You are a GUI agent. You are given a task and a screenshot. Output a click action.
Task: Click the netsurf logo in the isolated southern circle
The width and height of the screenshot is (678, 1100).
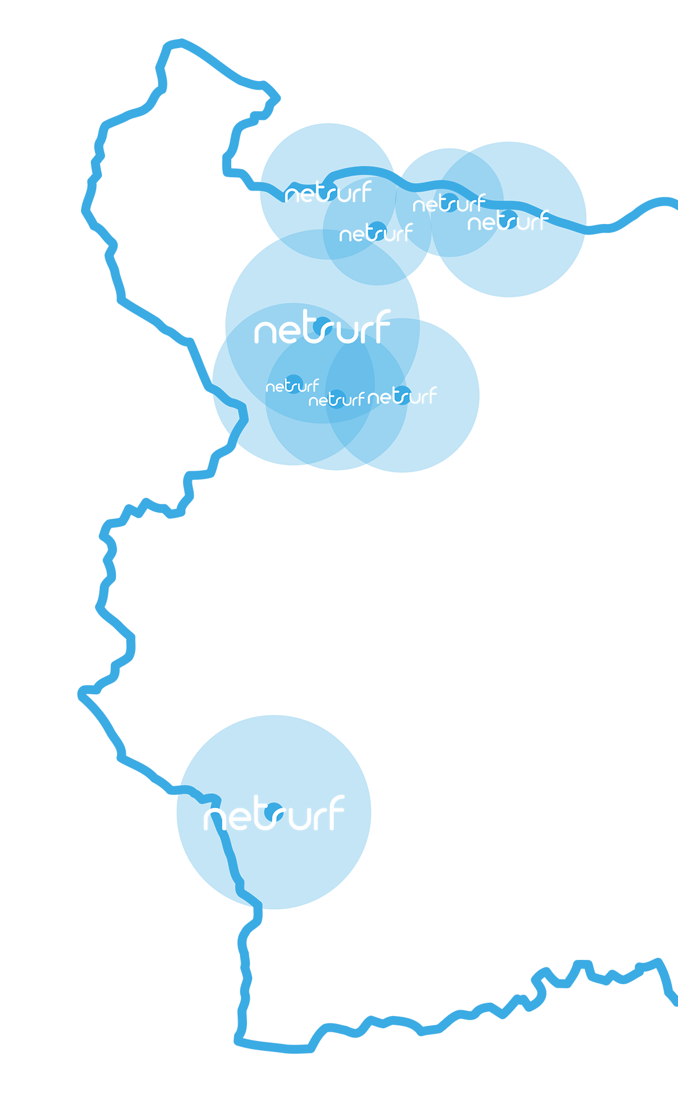click(x=274, y=813)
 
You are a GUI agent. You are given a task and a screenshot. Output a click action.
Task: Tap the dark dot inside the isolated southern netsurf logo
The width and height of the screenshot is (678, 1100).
click(x=273, y=812)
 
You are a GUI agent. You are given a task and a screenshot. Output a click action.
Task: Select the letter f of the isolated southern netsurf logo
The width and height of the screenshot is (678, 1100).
click(x=336, y=812)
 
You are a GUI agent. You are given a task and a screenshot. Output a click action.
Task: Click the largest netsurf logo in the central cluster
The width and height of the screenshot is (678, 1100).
click(x=322, y=327)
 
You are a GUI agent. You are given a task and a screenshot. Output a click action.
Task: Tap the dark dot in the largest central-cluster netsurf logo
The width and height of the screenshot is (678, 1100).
click(x=322, y=326)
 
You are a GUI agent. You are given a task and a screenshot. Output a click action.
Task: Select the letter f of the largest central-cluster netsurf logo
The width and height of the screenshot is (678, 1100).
click(x=382, y=326)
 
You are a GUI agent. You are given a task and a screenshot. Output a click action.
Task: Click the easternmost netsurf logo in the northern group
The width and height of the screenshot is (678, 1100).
click(x=508, y=221)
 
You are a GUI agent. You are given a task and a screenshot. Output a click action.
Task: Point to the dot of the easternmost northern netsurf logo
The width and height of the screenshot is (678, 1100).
click(x=508, y=219)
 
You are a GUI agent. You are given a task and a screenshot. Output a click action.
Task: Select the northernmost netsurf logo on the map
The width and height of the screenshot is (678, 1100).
click(x=329, y=193)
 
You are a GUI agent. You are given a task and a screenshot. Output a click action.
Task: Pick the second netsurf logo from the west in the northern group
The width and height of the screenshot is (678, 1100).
click(x=376, y=233)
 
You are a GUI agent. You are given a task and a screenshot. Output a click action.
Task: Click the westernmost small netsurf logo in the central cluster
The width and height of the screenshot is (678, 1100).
click(x=293, y=386)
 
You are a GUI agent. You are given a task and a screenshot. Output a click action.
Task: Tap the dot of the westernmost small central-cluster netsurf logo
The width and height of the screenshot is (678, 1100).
click(x=294, y=384)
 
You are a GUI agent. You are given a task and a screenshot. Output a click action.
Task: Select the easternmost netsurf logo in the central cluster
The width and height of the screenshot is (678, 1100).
click(x=402, y=396)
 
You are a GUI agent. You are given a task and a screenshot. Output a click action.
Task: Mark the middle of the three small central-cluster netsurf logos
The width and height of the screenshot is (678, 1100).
click(x=337, y=399)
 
